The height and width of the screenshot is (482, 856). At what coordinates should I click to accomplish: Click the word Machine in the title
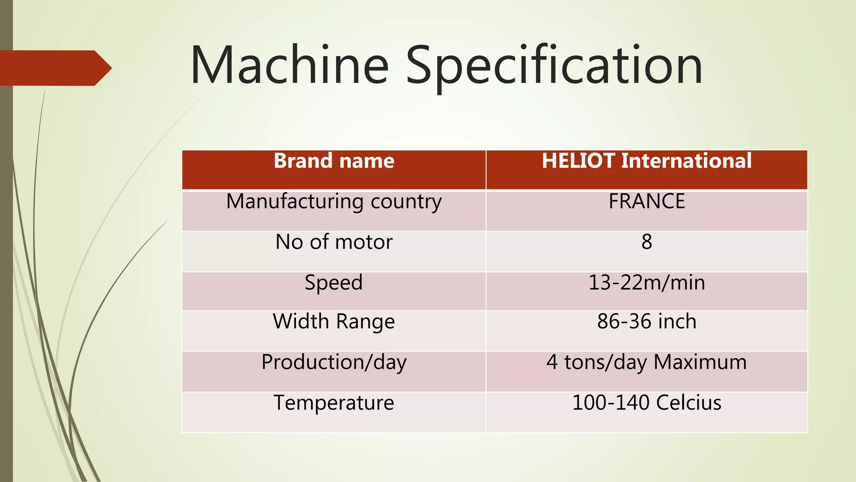point(289,66)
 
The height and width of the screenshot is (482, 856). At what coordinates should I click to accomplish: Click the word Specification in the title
point(554,67)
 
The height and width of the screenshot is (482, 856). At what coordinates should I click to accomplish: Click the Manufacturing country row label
point(334,202)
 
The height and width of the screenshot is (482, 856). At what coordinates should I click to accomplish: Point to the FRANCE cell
point(647,201)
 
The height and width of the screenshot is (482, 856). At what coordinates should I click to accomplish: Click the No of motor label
point(334,242)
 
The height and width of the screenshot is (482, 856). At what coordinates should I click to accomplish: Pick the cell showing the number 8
point(647,242)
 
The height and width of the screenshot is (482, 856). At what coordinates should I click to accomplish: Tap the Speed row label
point(334,283)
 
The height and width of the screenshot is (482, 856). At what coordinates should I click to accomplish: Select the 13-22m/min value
point(647,283)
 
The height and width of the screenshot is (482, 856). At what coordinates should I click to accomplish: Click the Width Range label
point(334,322)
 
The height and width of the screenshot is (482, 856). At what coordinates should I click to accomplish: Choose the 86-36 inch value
point(647,322)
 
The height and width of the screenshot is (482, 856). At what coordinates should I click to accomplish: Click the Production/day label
point(334,362)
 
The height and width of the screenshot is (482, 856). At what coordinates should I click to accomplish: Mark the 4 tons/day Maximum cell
point(647,362)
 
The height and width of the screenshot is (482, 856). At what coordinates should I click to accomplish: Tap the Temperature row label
point(334,403)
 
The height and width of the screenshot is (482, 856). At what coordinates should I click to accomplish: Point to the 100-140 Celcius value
point(647,403)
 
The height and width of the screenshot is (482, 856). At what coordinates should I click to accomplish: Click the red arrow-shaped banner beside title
point(54,68)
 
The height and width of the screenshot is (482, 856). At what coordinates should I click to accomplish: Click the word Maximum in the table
point(700,362)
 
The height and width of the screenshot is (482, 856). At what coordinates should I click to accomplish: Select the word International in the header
point(686,162)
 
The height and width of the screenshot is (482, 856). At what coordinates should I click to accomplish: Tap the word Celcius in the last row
point(688,403)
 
